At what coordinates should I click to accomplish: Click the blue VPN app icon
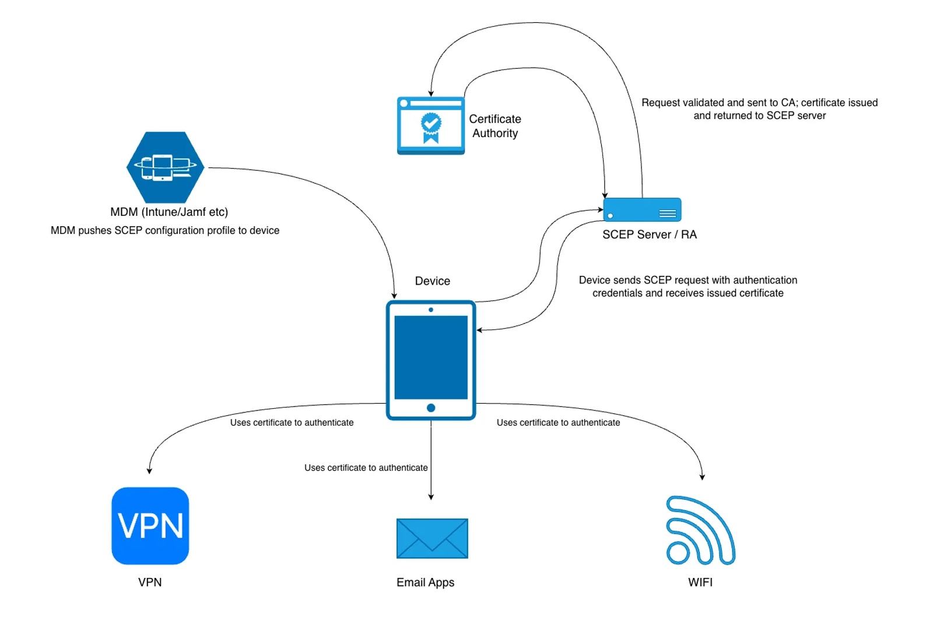pos(150,525)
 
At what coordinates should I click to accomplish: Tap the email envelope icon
pos(432,538)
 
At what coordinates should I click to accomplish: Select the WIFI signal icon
pos(700,531)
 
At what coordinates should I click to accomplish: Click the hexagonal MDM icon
pos(166,167)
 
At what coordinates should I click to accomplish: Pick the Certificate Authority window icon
pos(430,125)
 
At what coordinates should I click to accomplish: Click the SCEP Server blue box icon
pos(641,209)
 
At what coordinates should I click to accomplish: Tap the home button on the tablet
pos(431,408)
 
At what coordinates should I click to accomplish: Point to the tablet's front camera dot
pos(431,310)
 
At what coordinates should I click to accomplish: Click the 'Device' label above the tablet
pos(432,281)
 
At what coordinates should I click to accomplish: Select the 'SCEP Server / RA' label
pos(649,234)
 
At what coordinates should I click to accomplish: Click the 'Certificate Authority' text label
pos(494,126)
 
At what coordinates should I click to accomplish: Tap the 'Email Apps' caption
pos(425,582)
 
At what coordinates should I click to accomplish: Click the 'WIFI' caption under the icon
pos(700,582)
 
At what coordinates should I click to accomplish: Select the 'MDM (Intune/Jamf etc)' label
pos(169,212)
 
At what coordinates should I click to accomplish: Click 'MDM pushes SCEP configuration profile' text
pos(165,230)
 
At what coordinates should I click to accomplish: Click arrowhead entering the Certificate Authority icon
pos(431,93)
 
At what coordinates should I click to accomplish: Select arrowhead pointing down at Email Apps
pos(431,497)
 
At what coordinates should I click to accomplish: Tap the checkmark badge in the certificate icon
pos(431,123)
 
